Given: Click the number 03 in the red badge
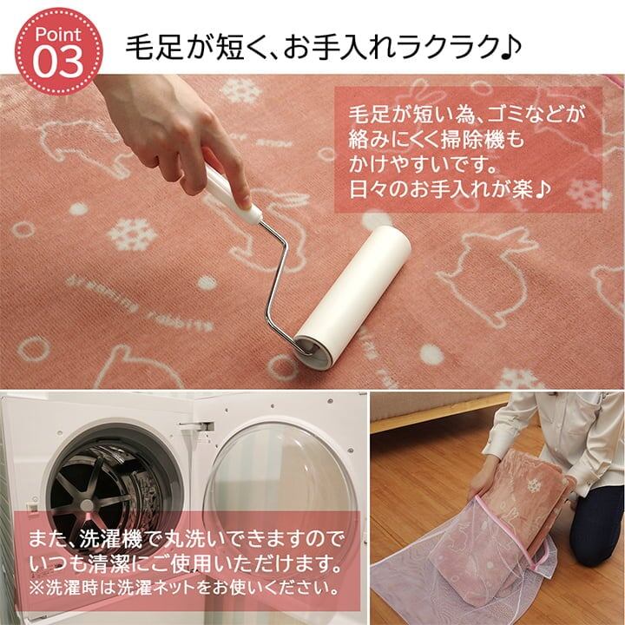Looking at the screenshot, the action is click(58, 62).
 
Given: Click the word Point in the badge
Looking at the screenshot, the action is click(58, 35).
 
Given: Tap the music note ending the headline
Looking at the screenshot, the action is click(510, 48).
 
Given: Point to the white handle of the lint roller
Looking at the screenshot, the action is click(231, 191).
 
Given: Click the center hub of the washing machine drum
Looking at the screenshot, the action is click(87, 504).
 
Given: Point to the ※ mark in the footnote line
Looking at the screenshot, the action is click(36, 588).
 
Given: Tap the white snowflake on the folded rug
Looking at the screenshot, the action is click(533, 484).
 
